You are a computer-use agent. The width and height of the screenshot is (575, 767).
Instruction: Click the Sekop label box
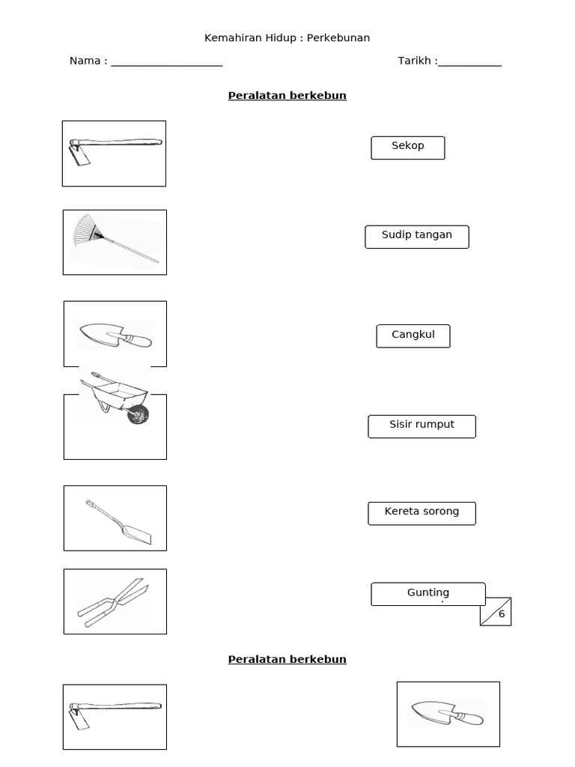pyautogui.click(x=408, y=148)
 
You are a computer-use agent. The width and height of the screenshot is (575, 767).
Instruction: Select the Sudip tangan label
pyautogui.click(x=416, y=237)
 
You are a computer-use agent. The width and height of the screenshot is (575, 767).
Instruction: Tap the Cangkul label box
pyautogui.click(x=413, y=336)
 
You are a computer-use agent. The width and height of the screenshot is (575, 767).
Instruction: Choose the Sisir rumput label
pyautogui.click(x=422, y=426)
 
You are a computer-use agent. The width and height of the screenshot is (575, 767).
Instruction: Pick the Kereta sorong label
pyautogui.click(x=422, y=514)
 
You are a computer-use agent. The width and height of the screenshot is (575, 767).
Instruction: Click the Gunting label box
pyautogui.click(x=428, y=594)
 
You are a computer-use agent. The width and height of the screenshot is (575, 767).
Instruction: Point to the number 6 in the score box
pyautogui.click(x=502, y=614)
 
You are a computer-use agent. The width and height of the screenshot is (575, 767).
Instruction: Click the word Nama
pyautogui.click(x=85, y=61)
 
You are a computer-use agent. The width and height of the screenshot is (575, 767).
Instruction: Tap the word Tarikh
pyautogui.click(x=414, y=61)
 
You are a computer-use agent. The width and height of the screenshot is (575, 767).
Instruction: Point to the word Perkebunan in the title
pyautogui.click(x=338, y=37)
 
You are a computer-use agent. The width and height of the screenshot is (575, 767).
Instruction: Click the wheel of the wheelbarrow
pyautogui.click(x=138, y=415)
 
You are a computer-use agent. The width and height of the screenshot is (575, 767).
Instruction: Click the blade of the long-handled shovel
pyautogui.click(x=136, y=534)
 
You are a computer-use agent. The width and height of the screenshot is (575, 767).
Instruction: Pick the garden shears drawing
pyautogui.click(x=114, y=603)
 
